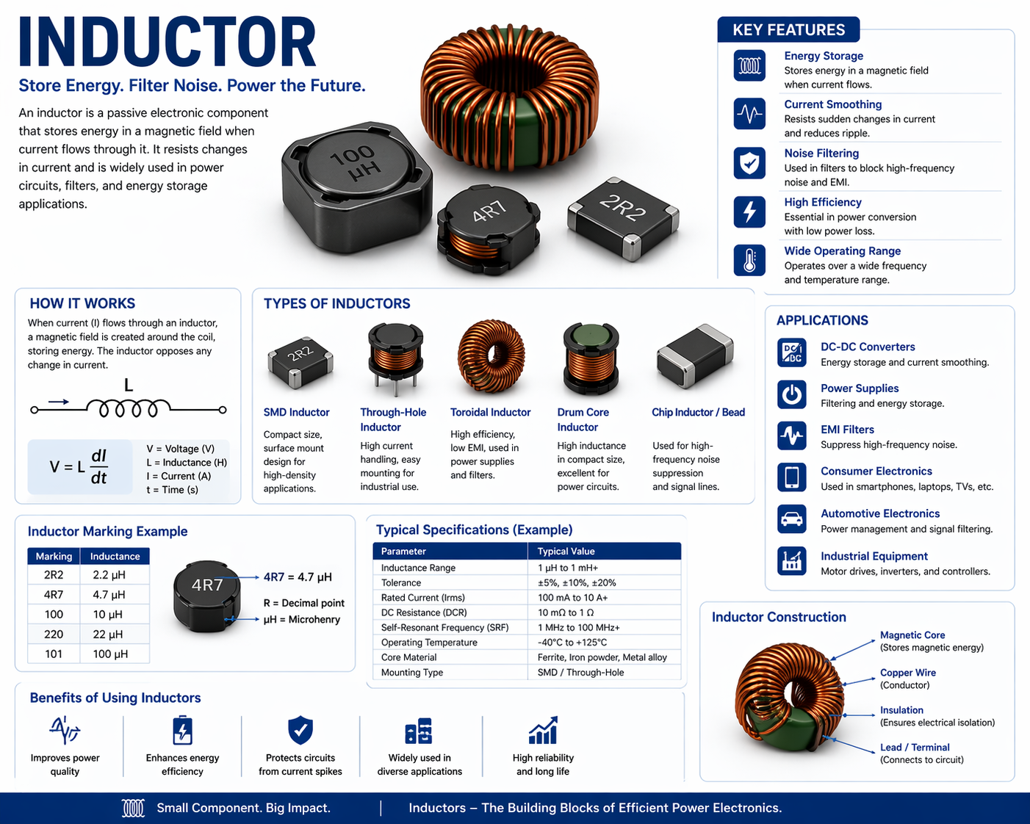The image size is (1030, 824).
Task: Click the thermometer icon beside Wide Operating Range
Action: pos(749,260)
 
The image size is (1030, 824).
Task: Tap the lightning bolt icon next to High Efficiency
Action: pos(749,212)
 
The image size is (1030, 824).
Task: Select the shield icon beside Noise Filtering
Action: pos(749,163)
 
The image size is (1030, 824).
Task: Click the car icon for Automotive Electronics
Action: pos(792,518)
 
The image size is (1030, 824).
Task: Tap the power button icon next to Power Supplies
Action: pos(792,395)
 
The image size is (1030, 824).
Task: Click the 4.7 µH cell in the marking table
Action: pos(109,595)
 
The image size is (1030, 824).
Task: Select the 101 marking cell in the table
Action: pos(54,654)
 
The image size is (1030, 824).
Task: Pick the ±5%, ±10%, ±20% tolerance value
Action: pos(577,583)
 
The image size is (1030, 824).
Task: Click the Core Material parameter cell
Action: pos(408,657)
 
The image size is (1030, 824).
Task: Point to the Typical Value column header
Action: pos(566,552)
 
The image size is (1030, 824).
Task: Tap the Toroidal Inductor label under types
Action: pos(490,413)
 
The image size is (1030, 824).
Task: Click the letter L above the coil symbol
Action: pos(129,386)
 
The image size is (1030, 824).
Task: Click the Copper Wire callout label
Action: pos(908,672)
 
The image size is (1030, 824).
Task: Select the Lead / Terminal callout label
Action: pos(915,748)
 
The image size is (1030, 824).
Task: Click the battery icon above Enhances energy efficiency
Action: pos(182,730)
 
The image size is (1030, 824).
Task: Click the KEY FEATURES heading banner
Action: pos(788,29)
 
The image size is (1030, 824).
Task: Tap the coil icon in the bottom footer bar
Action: pos(133,808)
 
